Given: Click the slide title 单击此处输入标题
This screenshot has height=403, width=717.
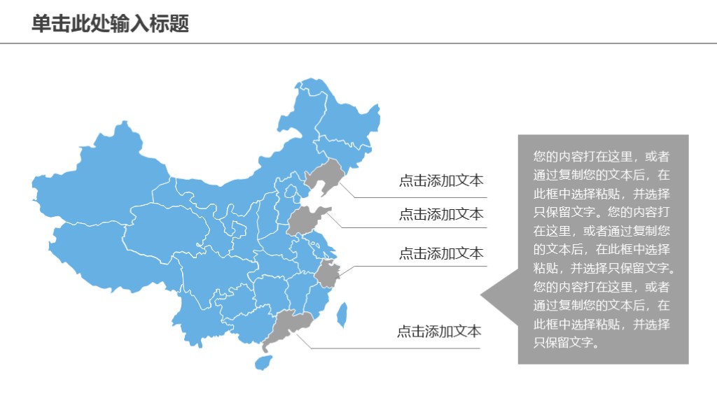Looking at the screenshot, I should [x=111, y=24].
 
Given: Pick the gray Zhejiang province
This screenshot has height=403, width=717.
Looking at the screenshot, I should [x=326, y=274].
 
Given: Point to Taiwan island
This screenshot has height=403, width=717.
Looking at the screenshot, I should [x=342, y=315].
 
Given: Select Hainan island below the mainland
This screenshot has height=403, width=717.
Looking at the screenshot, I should [x=263, y=362].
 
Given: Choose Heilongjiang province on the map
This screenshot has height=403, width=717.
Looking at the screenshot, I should [x=347, y=122].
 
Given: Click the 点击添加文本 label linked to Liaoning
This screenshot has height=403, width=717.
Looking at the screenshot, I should [x=441, y=181].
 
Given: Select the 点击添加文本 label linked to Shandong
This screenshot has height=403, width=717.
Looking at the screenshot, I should [x=441, y=214].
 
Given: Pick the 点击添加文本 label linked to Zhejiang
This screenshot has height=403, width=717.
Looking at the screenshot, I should [x=441, y=253].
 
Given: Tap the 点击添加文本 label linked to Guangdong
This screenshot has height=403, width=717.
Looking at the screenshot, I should [x=439, y=332].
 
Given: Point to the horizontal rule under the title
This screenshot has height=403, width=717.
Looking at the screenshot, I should [x=358, y=43].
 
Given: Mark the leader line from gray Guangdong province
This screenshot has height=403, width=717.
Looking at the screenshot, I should [x=392, y=348].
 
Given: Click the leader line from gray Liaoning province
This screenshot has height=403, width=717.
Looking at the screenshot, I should [x=420, y=197].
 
